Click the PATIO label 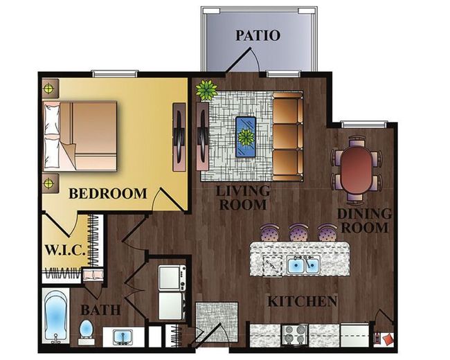258,35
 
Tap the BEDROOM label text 108,193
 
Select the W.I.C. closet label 66,250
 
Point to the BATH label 100,310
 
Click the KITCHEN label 303,301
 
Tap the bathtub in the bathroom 56,316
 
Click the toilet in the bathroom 86,332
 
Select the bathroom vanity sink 123,337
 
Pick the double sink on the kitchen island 304,265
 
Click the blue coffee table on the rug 246,136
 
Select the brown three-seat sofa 288,137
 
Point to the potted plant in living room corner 206,89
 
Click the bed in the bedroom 80,136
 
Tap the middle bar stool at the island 298,232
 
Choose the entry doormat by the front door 217,322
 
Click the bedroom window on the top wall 115,74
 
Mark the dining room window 363,124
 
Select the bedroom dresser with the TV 180,137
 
